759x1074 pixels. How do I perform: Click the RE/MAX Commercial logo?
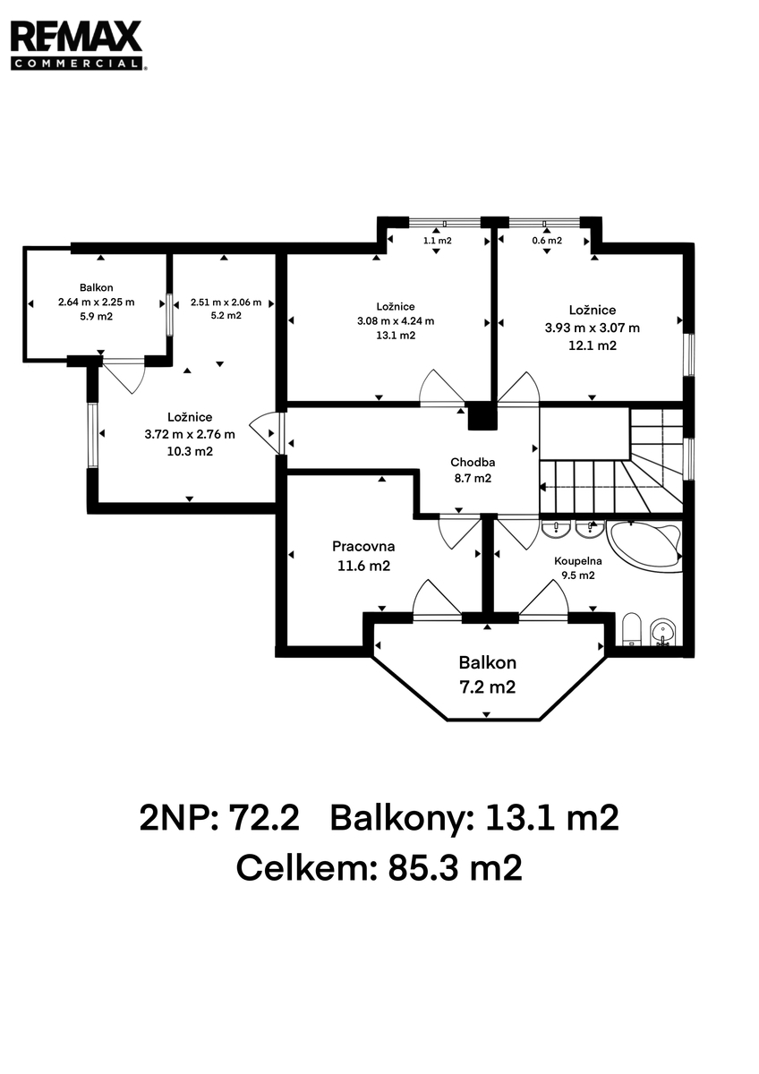click(78, 46)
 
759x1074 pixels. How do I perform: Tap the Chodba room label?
click(473, 463)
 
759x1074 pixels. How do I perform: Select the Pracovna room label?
click(363, 546)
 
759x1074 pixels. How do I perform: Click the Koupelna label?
click(578, 561)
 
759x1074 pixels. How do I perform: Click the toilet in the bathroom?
click(632, 628)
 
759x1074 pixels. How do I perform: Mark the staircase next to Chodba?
click(611, 461)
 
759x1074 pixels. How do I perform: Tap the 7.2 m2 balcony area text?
click(487, 687)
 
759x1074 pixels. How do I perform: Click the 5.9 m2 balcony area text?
click(97, 317)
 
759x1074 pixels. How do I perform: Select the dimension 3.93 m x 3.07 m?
click(593, 328)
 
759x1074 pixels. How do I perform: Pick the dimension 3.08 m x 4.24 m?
click(396, 321)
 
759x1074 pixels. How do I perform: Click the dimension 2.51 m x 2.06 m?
click(226, 303)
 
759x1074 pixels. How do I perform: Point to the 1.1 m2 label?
click(438, 241)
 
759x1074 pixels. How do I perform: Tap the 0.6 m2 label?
click(547, 241)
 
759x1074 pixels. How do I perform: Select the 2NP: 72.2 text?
click(219, 817)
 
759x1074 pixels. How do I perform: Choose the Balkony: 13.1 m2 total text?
click(474, 818)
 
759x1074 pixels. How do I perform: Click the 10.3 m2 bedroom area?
click(190, 452)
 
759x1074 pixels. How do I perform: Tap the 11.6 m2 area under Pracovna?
click(364, 567)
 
